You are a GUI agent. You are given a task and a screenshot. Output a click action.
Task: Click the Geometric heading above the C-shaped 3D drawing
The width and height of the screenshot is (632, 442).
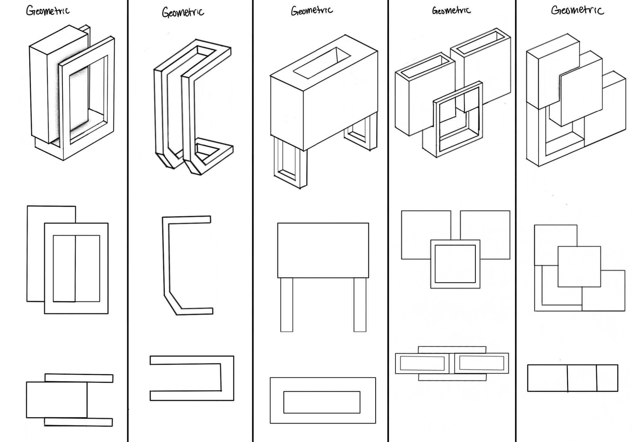[183, 12]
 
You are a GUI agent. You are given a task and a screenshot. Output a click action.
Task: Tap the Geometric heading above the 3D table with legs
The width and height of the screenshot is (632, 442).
[312, 11]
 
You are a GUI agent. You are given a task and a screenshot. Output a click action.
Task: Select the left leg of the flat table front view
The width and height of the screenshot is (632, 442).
[286, 305]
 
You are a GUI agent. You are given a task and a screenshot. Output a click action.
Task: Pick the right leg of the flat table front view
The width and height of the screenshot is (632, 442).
[360, 305]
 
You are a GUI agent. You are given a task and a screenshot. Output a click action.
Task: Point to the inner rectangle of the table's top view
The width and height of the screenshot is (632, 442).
[322, 402]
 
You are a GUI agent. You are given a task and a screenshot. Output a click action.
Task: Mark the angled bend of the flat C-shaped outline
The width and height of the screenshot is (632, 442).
[172, 303]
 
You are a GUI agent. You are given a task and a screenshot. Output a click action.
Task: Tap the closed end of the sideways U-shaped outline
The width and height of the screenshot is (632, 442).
[227, 378]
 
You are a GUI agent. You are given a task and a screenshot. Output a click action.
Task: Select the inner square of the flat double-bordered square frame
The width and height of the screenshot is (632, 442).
[455, 264]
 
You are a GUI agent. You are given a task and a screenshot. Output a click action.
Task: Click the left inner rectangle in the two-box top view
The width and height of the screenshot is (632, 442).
[422, 363]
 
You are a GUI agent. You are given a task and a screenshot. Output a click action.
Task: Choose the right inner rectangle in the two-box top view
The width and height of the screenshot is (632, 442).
[481, 363]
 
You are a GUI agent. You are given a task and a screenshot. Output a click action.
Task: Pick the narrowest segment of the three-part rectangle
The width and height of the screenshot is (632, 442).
[607, 378]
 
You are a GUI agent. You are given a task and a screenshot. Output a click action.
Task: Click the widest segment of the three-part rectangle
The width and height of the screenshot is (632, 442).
[548, 378]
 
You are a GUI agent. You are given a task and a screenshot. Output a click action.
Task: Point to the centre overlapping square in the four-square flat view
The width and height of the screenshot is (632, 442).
[579, 267]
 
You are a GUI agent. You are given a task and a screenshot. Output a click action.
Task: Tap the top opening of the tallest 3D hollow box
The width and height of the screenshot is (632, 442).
[480, 42]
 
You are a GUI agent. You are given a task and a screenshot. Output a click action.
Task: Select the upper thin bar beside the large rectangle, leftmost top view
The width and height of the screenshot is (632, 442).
[79, 378]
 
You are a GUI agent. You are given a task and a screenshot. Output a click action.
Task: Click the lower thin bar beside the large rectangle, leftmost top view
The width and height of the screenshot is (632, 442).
[78, 422]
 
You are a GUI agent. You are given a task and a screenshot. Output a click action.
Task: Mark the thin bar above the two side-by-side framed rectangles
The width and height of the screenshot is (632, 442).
[452, 350]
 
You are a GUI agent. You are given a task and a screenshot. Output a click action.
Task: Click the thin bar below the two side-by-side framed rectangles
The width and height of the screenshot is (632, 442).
[452, 377]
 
